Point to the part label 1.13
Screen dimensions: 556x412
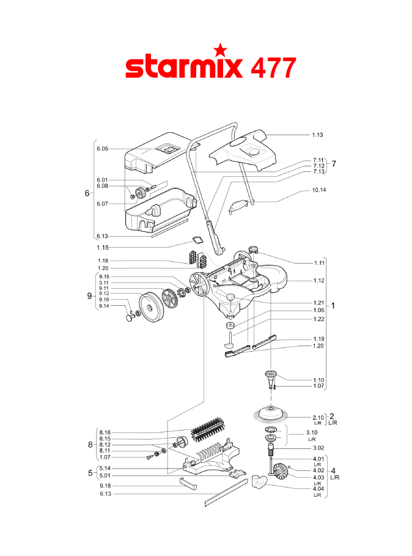point(317,134)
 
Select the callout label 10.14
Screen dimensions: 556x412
point(319,190)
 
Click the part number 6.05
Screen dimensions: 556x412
point(101,149)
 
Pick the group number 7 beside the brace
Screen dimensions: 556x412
point(334,164)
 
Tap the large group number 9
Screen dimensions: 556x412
point(89,295)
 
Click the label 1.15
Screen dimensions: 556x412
point(102,247)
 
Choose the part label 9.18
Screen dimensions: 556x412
point(105,486)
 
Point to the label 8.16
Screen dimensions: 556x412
point(105,432)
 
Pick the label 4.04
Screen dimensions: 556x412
point(317,488)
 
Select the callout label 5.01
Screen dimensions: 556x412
point(105,476)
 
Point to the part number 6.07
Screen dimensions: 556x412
point(101,204)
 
